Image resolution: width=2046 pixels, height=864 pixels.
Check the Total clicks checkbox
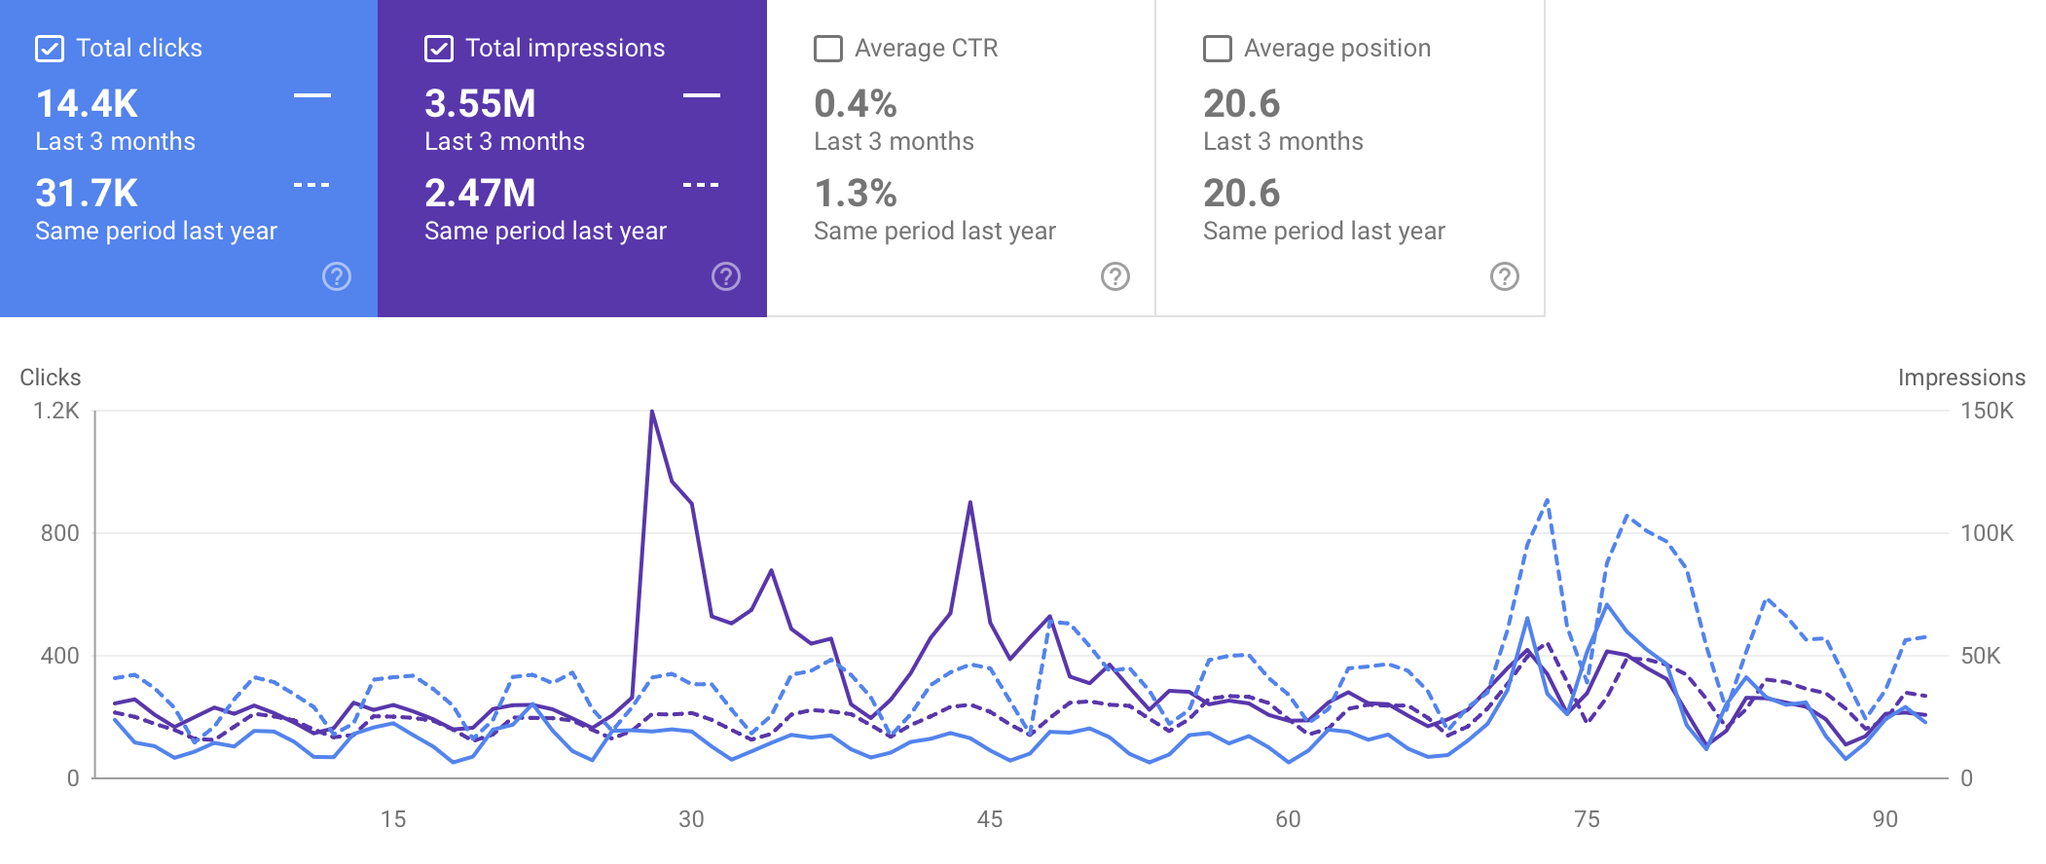pos(50,49)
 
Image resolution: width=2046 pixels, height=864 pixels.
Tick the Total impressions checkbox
pos(439,49)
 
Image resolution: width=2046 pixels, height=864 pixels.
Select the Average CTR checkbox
pos(828,49)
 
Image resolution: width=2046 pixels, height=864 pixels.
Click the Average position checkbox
pos(1218,49)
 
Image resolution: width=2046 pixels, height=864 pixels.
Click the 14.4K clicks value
pos(87,104)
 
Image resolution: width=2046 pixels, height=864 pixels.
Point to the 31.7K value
pos(87,194)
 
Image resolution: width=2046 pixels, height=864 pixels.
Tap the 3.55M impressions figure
pos(480,104)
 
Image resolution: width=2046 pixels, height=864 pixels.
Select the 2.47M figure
pos(480,194)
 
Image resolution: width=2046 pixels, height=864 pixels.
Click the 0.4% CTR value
pos(855,104)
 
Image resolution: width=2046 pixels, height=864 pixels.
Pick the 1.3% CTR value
pos(855,194)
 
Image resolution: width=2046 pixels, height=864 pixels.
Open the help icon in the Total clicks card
pos(337,276)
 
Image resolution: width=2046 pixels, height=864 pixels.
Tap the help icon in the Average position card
pos(1505,276)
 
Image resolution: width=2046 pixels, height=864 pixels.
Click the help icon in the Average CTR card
pos(1115,276)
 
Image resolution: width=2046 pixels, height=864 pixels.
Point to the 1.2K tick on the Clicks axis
pos(56,411)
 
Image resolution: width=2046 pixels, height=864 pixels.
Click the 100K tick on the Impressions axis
pos(1987,533)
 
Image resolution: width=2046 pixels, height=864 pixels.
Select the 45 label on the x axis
pos(990,819)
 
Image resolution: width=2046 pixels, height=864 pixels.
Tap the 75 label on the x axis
pos(1587,819)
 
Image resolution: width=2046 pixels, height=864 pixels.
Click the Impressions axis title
pos(1961,378)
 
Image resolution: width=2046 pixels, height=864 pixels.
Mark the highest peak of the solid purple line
pos(652,412)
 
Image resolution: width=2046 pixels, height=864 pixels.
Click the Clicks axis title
pos(51,378)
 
